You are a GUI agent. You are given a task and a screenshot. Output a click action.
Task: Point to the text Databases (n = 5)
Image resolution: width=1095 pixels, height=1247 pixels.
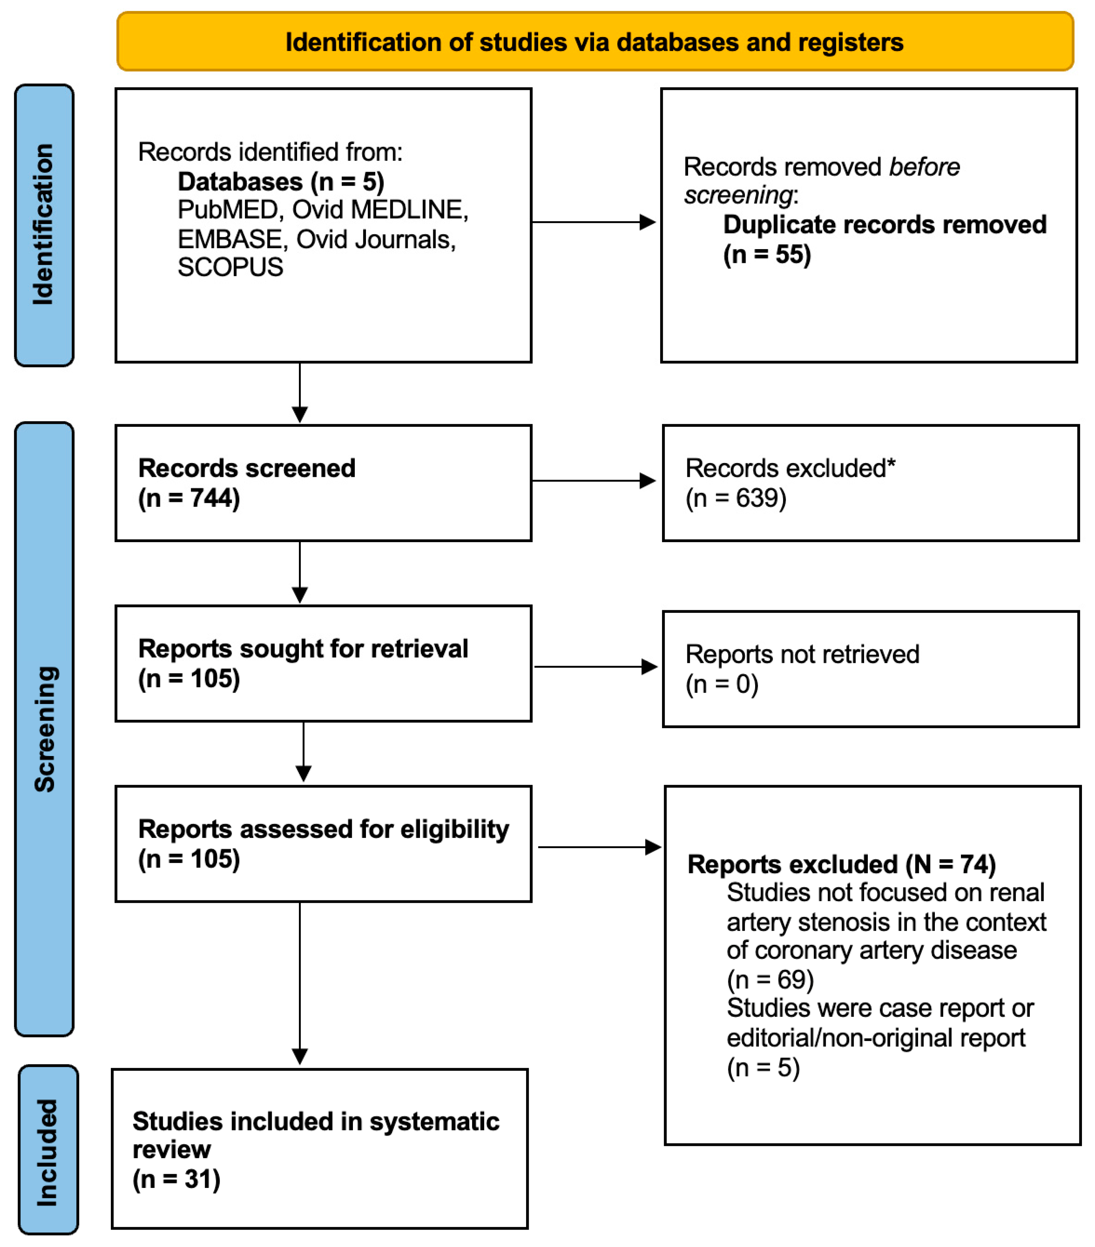[x=280, y=181]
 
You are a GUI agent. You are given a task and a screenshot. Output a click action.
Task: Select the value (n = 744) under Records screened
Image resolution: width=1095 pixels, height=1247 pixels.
[x=189, y=498]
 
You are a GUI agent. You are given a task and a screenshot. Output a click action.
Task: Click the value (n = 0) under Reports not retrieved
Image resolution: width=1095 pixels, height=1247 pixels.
[x=721, y=684]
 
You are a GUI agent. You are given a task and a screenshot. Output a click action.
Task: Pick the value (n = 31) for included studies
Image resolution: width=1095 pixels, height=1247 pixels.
[x=176, y=1179]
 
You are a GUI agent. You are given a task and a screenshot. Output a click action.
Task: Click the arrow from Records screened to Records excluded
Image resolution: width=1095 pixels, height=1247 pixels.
[x=593, y=481]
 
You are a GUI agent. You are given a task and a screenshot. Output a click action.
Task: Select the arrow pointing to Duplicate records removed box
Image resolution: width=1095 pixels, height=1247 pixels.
[x=593, y=222]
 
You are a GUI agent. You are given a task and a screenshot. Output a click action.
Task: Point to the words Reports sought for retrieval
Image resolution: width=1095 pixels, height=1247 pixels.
[x=303, y=648]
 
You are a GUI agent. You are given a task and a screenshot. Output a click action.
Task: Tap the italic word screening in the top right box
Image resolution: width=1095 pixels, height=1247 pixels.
[x=738, y=195]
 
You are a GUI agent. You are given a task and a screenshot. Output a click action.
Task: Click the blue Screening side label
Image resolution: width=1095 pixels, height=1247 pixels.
[x=44, y=729]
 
